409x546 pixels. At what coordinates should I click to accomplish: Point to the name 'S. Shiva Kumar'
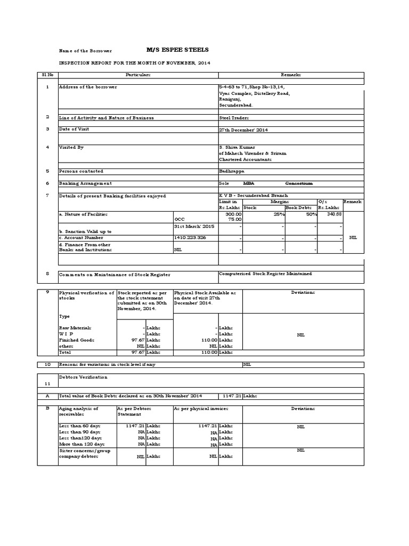(x=237, y=147)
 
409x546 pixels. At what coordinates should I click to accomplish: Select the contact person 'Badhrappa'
(x=232, y=171)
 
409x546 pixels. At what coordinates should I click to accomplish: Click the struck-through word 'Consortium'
(x=299, y=183)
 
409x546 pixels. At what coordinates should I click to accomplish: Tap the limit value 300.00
(x=234, y=214)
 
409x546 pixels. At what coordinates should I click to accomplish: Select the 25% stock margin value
(x=277, y=214)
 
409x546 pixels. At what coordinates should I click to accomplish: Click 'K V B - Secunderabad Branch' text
(x=250, y=196)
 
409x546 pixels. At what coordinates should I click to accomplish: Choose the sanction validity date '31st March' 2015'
(x=194, y=226)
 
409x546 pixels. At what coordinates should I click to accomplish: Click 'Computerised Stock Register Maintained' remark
(x=265, y=274)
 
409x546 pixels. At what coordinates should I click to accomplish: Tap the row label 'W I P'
(x=67, y=333)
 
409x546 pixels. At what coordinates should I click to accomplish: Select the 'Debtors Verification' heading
(x=83, y=377)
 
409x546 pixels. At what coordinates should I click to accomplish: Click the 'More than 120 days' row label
(x=81, y=444)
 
